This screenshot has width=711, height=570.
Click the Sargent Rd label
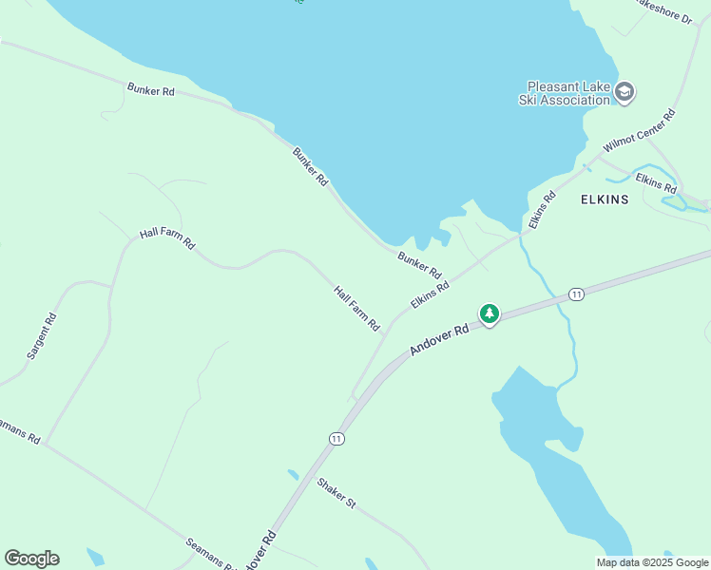tap(42, 336)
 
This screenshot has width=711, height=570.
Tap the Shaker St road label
tap(336, 492)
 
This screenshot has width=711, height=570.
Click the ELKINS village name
tap(604, 199)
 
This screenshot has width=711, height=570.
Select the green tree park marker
tap(489, 313)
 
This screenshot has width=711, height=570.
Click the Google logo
tap(31, 559)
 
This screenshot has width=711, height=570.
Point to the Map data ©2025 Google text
tap(652, 562)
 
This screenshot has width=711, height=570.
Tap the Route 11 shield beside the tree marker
tap(576, 294)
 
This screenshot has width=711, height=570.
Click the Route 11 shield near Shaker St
tap(336, 438)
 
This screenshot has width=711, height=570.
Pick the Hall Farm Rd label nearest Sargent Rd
tap(166, 237)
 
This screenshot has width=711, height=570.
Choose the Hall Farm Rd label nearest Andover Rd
tap(356, 309)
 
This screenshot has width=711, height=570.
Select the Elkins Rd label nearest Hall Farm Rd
tap(430, 294)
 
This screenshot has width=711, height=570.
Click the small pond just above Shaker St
tap(293, 473)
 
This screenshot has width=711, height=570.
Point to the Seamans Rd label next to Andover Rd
tap(210, 555)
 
